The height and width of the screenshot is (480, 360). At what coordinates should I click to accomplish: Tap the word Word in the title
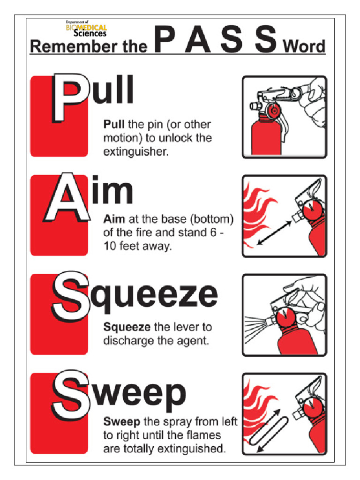(x=304, y=47)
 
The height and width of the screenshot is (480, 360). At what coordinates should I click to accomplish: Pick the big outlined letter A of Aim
(x=68, y=199)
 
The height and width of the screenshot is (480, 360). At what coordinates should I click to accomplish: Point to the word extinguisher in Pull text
(x=135, y=152)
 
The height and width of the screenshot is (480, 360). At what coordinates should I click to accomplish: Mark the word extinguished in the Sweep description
(x=191, y=449)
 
